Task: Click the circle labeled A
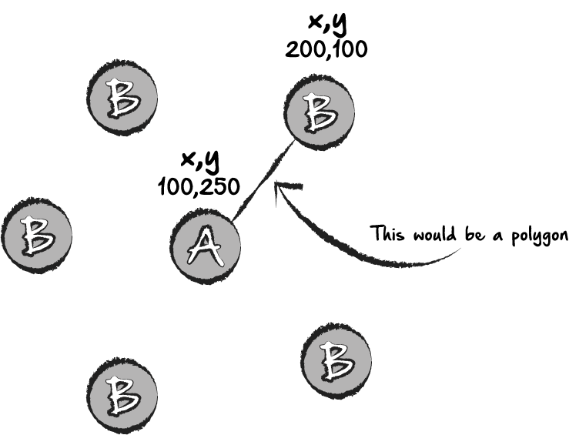pyautogui.click(x=205, y=246)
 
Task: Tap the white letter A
pyautogui.click(x=206, y=246)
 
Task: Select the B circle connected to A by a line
pyautogui.click(x=320, y=112)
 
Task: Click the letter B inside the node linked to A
pyautogui.click(x=320, y=113)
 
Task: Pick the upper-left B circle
pyautogui.click(x=123, y=98)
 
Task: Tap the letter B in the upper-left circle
pyautogui.click(x=123, y=98)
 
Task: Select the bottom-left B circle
pyautogui.click(x=122, y=394)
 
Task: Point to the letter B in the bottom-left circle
pyautogui.click(x=122, y=394)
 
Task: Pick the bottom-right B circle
pyautogui.click(x=336, y=361)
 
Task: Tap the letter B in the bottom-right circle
pyautogui.click(x=336, y=361)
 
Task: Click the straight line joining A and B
pyautogui.click(x=263, y=182)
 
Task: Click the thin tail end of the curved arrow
pyautogui.click(x=460, y=249)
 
